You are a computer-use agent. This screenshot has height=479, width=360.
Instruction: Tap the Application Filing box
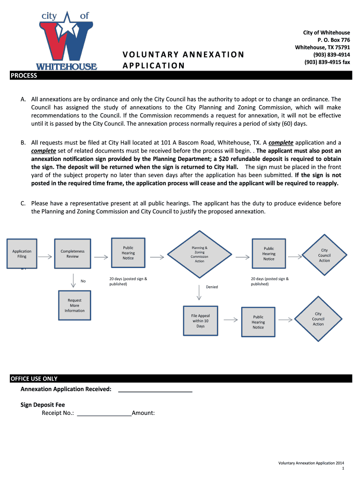click(22, 254)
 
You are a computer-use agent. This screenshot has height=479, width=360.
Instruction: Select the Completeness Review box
click(72, 254)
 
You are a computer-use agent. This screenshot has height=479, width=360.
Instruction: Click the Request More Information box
click(74, 305)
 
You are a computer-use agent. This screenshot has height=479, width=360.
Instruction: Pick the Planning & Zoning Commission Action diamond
click(200, 254)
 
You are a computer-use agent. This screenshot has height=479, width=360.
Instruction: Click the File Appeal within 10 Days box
click(201, 321)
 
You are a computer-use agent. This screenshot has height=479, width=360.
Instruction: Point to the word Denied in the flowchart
click(212, 287)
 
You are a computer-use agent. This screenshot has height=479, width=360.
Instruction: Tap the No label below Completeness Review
click(83, 281)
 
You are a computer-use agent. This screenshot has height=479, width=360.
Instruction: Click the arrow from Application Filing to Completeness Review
click(45, 257)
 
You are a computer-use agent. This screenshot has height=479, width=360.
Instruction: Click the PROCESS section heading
click(24, 75)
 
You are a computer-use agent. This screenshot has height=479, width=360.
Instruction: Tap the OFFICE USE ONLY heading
click(34, 379)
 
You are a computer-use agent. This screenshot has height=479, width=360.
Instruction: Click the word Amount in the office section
click(144, 413)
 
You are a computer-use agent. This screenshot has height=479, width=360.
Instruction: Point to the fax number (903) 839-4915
click(327, 62)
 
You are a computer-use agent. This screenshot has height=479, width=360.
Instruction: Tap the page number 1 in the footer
click(343, 468)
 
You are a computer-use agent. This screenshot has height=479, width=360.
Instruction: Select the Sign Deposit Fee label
click(43, 405)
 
